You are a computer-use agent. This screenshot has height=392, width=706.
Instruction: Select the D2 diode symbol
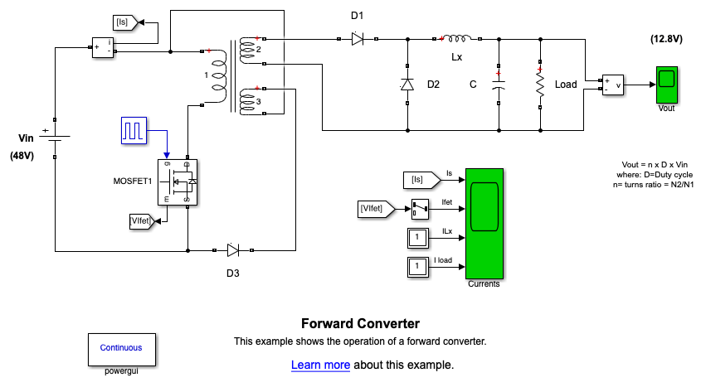[x=407, y=85]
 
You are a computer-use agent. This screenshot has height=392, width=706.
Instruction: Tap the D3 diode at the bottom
[x=233, y=249]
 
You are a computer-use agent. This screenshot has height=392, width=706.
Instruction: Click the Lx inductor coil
[x=457, y=37]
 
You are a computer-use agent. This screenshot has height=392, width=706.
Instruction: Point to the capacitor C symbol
[x=499, y=85]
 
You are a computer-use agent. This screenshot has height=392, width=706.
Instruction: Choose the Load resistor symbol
[x=540, y=85]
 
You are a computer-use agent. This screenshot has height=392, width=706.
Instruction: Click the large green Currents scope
[x=484, y=224]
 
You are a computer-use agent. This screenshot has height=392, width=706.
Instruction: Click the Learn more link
[x=320, y=365]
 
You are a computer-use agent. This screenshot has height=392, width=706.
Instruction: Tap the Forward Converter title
[x=360, y=323]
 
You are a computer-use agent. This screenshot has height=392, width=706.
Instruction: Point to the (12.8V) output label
[x=666, y=39]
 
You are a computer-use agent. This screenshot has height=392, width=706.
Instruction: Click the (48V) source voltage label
[x=21, y=155]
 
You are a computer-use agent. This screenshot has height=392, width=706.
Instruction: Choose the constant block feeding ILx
[x=418, y=238]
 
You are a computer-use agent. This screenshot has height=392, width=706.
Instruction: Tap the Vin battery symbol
[x=55, y=138]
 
